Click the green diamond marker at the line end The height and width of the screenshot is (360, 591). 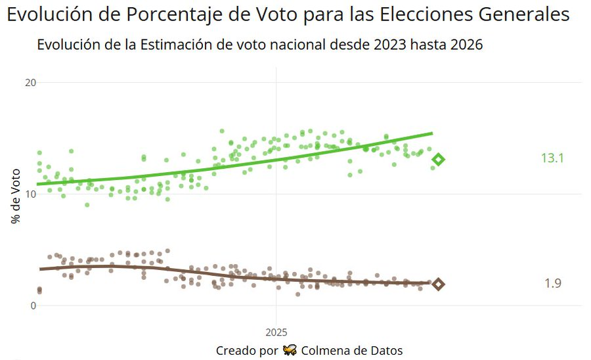(438, 160)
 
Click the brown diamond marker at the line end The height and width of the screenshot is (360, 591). (438, 284)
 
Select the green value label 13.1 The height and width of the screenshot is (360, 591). (552, 158)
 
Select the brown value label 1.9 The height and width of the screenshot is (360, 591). (552, 283)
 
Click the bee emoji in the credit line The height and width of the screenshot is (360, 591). (290, 350)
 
